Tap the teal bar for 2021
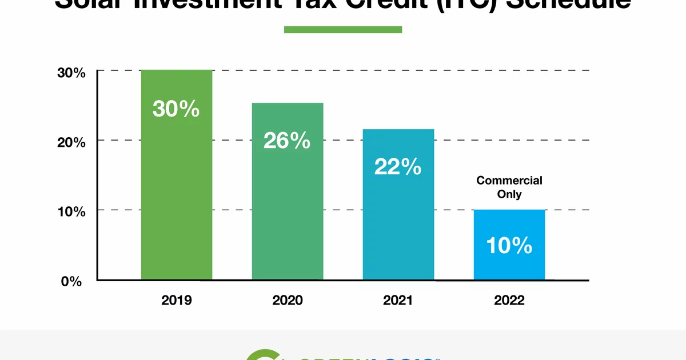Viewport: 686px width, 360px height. (x=398, y=229)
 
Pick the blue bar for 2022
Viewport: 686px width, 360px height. (x=509, y=263)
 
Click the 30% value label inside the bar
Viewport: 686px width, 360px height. (x=176, y=109)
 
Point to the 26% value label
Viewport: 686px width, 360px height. (x=287, y=141)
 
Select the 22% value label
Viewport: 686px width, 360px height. (x=398, y=166)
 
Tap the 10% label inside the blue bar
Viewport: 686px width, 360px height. (x=509, y=245)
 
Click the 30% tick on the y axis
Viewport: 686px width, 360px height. (x=71, y=73)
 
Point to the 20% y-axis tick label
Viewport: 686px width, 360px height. (x=71, y=142)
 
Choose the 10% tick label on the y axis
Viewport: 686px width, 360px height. (x=71, y=212)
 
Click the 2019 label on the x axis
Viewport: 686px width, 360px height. (x=177, y=301)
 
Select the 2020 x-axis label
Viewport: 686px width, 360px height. (x=288, y=301)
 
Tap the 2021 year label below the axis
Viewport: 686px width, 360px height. (x=398, y=301)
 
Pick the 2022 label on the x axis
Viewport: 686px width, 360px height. (x=509, y=301)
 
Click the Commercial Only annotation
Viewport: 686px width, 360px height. (x=509, y=187)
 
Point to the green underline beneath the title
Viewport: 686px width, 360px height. (x=343, y=29)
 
